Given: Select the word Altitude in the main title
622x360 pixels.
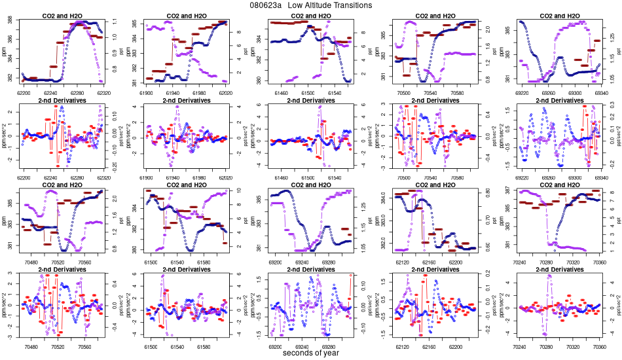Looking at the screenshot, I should click(x=311, y=5).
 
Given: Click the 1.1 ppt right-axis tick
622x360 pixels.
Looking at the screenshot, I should click(x=114, y=22).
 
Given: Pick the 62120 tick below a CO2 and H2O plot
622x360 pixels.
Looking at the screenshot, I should click(x=402, y=262).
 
